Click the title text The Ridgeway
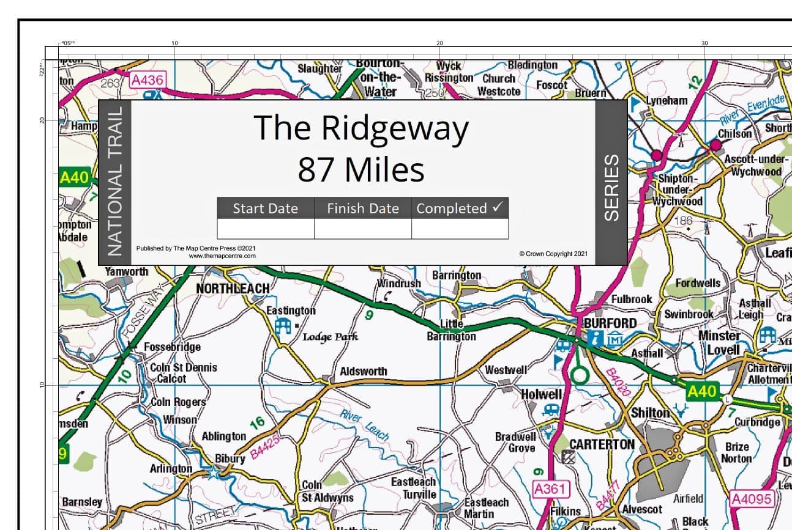(361, 128)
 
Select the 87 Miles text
(361, 170)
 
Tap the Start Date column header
(265, 208)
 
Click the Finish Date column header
(362, 208)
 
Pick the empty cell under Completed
(460, 229)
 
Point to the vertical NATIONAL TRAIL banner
(115, 182)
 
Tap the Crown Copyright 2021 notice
(553, 254)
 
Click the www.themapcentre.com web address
(222, 256)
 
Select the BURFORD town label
(610, 323)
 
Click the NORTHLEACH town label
(232, 288)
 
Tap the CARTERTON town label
(602, 444)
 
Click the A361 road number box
(551, 488)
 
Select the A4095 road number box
(752, 499)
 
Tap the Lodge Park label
(331, 337)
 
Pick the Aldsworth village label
(364, 371)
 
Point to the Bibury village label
(230, 458)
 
